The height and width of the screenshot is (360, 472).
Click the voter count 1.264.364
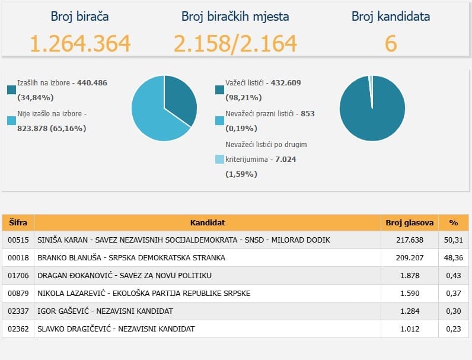point(80,43)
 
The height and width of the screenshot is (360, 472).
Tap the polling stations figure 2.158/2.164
point(235,44)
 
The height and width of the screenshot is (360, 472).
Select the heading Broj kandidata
point(391,16)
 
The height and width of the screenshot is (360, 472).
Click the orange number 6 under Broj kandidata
point(391,43)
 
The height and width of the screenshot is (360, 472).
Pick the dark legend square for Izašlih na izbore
point(11,90)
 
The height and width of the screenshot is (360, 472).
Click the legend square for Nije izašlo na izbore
point(11,121)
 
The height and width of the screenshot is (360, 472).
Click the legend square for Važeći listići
point(220,90)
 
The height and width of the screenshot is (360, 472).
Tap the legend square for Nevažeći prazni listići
point(220,121)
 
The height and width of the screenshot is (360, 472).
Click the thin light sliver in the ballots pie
point(371,87)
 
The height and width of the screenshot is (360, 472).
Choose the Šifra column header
point(18,223)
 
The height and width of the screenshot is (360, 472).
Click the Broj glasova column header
point(410,223)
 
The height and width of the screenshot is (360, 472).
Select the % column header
point(454,223)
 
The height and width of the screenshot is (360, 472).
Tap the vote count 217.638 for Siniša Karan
point(410,240)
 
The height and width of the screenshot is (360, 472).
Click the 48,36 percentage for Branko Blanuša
point(454,257)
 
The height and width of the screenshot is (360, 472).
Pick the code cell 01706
point(18,275)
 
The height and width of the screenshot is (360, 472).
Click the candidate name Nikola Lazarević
point(71,293)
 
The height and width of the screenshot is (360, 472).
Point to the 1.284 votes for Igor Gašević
point(410,311)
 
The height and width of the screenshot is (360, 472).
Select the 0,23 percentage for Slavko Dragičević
point(454,329)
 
